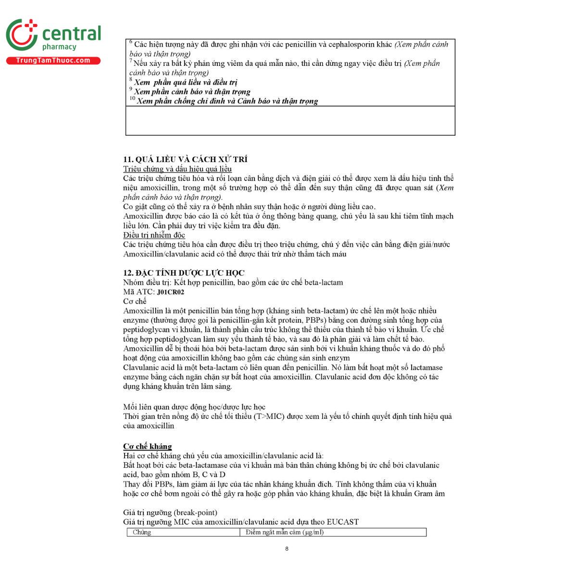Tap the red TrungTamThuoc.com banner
(53, 61)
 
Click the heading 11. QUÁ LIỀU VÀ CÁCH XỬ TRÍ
(185, 159)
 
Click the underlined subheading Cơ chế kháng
(147, 446)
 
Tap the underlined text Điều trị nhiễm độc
(154, 235)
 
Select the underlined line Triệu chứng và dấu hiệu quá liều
(177, 169)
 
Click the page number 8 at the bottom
(287, 549)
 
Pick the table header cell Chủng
(142, 532)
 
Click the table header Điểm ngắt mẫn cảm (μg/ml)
(284, 532)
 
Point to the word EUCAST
(342, 522)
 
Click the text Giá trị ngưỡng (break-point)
(170, 513)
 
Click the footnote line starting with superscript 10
(224, 101)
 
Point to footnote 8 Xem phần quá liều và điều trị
(185, 82)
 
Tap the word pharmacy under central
(59, 47)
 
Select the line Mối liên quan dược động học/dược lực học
(194, 407)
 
